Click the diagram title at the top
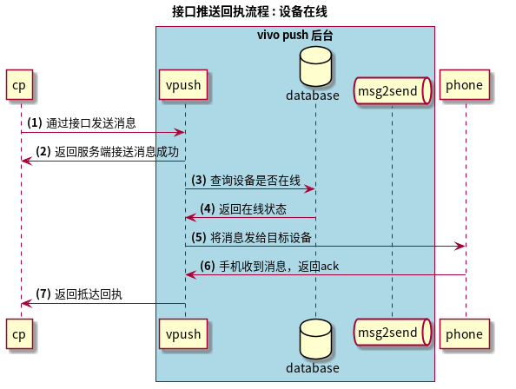(x=249, y=11)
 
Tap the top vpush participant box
(x=183, y=85)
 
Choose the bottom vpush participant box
(x=183, y=333)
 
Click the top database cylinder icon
(x=315, y=65)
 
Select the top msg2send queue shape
(x=393, y=89)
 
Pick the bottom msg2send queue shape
(x=393, y=333)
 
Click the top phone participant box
(x=464, y=85)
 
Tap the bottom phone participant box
(x=464, y=333)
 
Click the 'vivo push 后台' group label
(x=294, y=36)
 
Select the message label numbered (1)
(x=81, y=123)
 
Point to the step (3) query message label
(x=246, y=181)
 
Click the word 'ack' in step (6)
(x=329, y=266)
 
